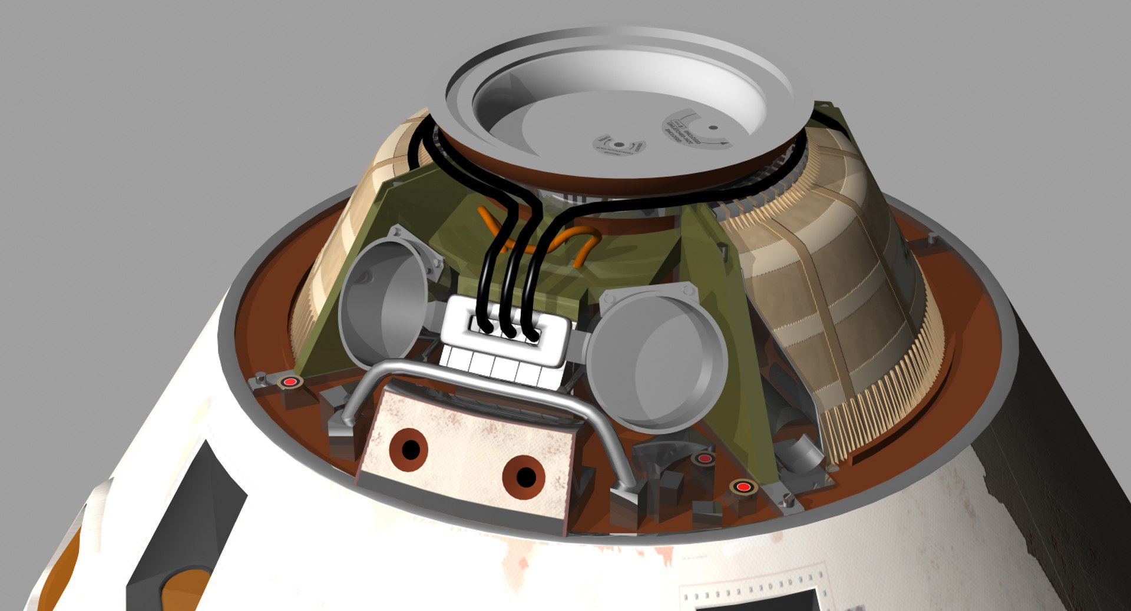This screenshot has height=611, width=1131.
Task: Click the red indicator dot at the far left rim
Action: point(290,382)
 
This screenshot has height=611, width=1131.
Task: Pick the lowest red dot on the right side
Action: point(743,487)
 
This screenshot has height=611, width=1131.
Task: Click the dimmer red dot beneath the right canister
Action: point(705,458)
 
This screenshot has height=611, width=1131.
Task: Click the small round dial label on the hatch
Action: point(618,145)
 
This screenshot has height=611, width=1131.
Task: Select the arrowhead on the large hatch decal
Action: point(725,143)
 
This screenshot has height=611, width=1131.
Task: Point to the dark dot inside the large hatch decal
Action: point(713,127)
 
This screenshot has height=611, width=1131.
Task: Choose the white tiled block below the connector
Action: point(501,365)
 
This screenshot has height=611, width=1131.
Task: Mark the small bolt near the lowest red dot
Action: point(788,500)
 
